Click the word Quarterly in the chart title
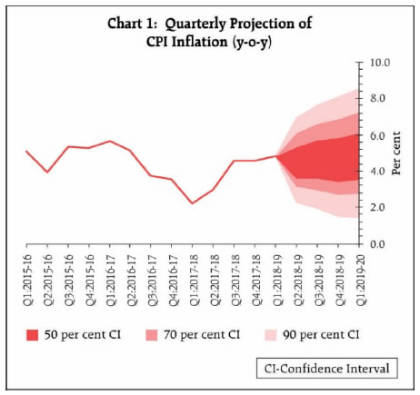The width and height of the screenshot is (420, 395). click(x=195, y=25)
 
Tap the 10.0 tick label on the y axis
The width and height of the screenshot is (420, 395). click(x=380, y=63)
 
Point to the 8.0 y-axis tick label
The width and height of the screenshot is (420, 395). click(x=377, y=99)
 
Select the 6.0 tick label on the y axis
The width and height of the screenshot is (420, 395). click(x=377, y=135)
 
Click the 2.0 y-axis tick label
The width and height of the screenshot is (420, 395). click(x=377, y=207)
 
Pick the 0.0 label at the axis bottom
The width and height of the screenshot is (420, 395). click(x=377, y=244)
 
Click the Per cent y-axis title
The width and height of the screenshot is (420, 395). click(x=395, y=153)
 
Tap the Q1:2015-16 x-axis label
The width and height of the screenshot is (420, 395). click(x=27, y=280)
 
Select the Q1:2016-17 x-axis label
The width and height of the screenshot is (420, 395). click(x=110, y=280)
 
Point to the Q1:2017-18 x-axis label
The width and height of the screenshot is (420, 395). click(x=194, y=280)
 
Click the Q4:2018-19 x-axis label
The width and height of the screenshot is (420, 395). click(x=339, y=280)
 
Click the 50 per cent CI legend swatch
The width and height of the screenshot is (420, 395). click(x=33, y=335)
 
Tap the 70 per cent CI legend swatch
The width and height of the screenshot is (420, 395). click(x=152, y=335)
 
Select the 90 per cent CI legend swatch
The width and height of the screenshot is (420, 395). click(x=271, y=335)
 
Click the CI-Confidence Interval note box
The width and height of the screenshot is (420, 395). click(x=327, y=369)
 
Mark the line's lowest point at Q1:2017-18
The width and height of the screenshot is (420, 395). click(x=192, y=203)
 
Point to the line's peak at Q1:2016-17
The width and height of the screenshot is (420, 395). click(x=110, y=141)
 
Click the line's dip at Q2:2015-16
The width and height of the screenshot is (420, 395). click(x=47, y=172)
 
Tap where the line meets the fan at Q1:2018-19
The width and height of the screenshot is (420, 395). click(x=276, y=156)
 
